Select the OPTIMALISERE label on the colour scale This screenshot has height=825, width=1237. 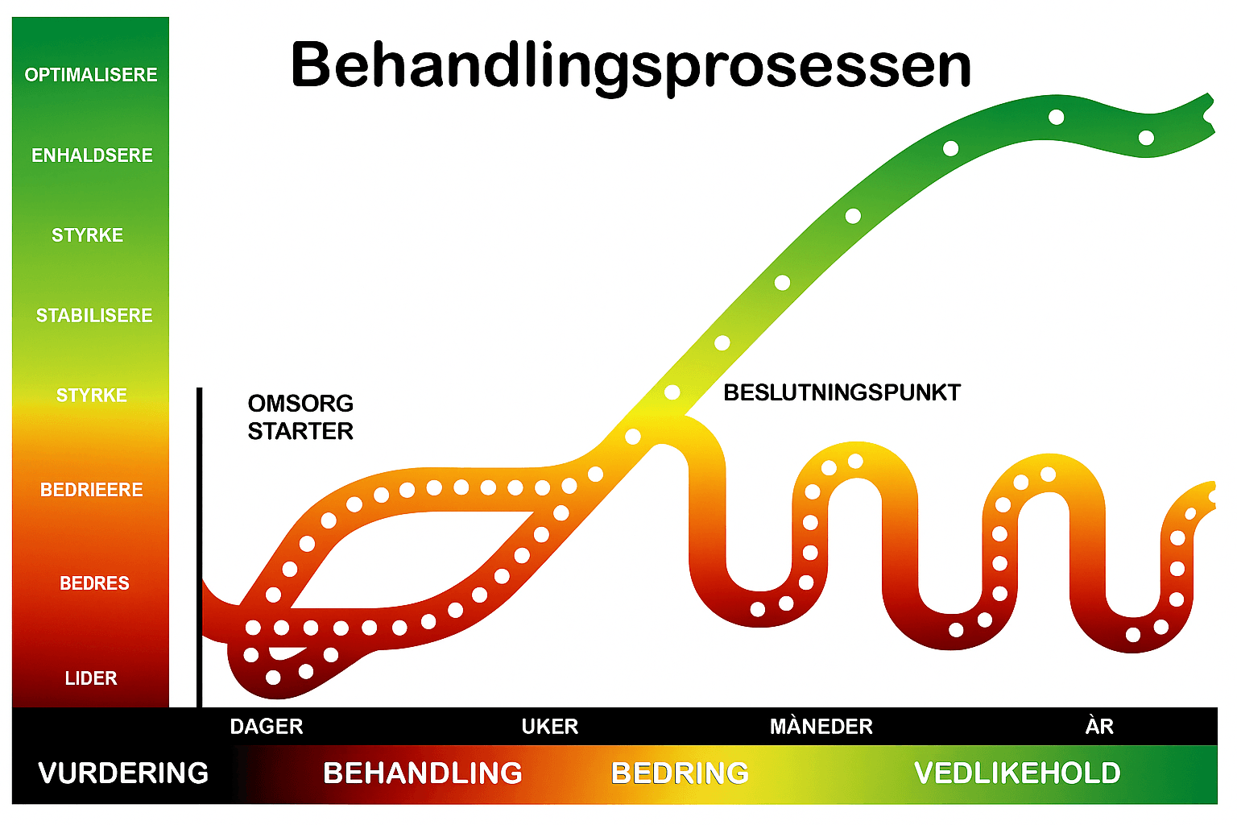[91, 75]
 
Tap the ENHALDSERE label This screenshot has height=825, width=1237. [92, 155]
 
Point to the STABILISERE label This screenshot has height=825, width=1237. [94, 316]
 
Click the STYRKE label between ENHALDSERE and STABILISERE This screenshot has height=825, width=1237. [88, 235]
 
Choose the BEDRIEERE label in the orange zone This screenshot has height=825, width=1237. [92, 490]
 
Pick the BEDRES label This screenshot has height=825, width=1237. [94, 583]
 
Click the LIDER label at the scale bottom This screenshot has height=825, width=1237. [91, 678]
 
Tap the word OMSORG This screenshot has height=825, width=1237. [300, 404]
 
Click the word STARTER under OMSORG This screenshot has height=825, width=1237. [300, 432]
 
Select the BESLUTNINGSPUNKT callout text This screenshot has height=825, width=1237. [842, 393]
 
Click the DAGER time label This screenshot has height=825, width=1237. [267, 727]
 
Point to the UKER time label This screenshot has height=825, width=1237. [550, 727]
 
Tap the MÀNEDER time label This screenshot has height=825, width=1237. [821, 727]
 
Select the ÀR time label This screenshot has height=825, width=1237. [1099, 727]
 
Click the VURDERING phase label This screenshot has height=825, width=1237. [123, 773]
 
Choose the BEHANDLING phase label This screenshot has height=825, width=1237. [423, 773]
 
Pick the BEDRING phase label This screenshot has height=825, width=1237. [681, 773]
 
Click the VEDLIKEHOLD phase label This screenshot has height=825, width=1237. [1017, 773]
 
